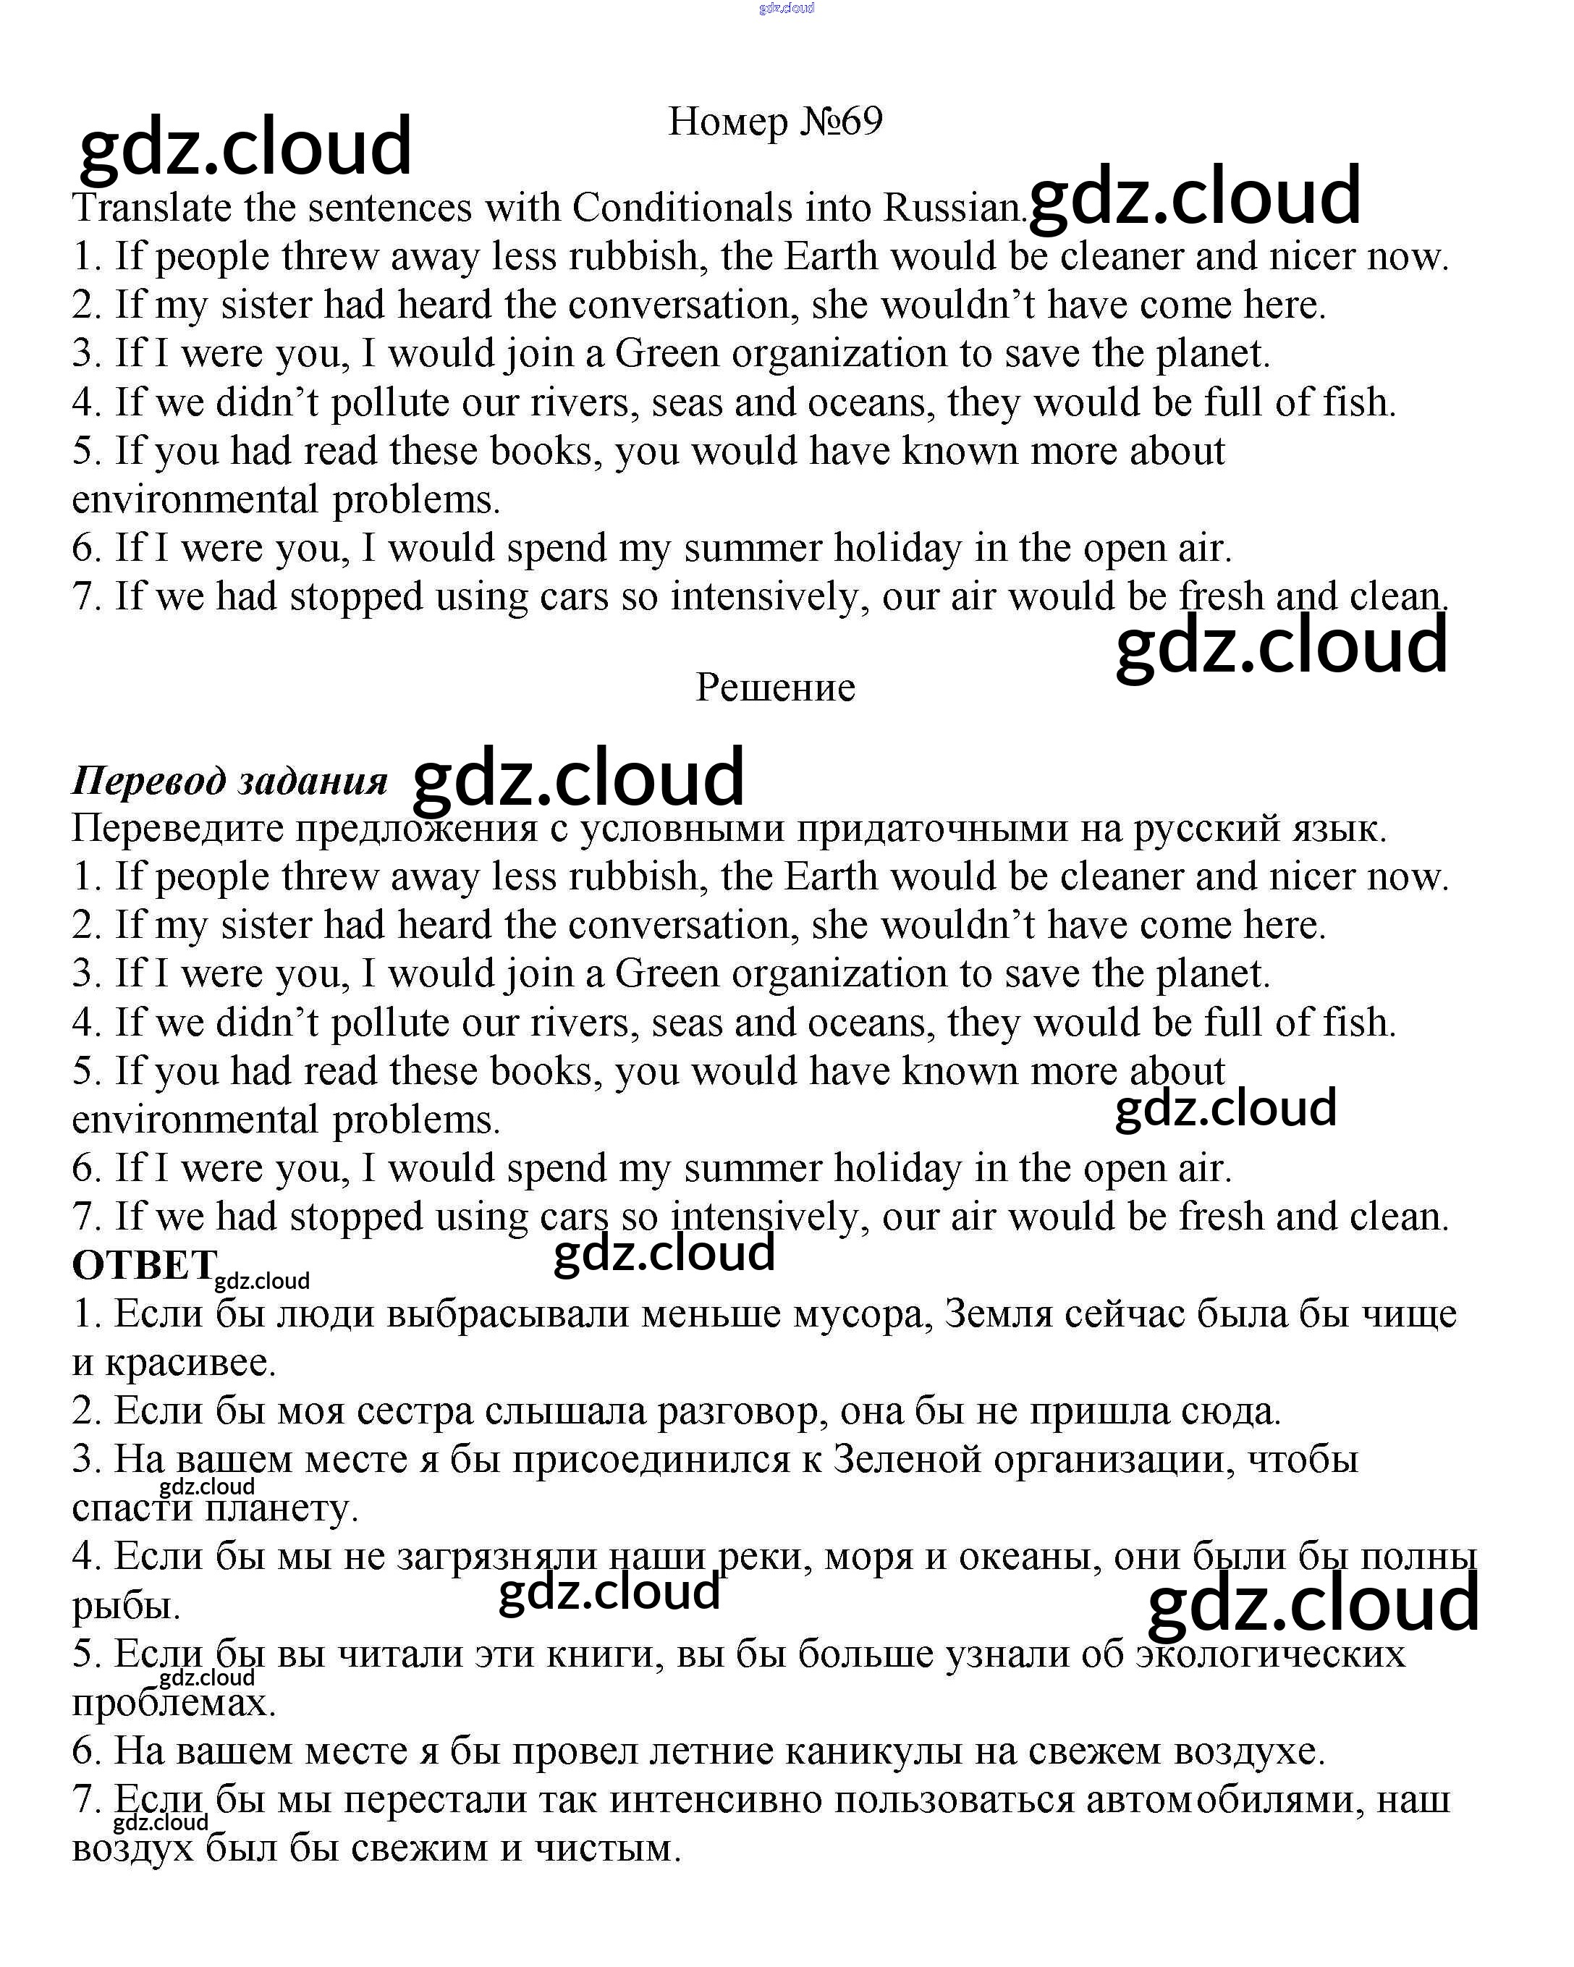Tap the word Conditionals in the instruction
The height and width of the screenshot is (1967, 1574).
click(x=682, y=208)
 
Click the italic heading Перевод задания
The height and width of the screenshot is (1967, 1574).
click(x=229, y=781)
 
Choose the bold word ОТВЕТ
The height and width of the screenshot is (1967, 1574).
click(x=143, y=1266)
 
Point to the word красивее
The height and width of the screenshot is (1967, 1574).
click(x=190, y=1363)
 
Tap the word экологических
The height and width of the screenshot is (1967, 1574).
click(x=1270, y=1654)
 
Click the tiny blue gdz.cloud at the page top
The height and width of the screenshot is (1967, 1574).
click(x=787, y=8)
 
